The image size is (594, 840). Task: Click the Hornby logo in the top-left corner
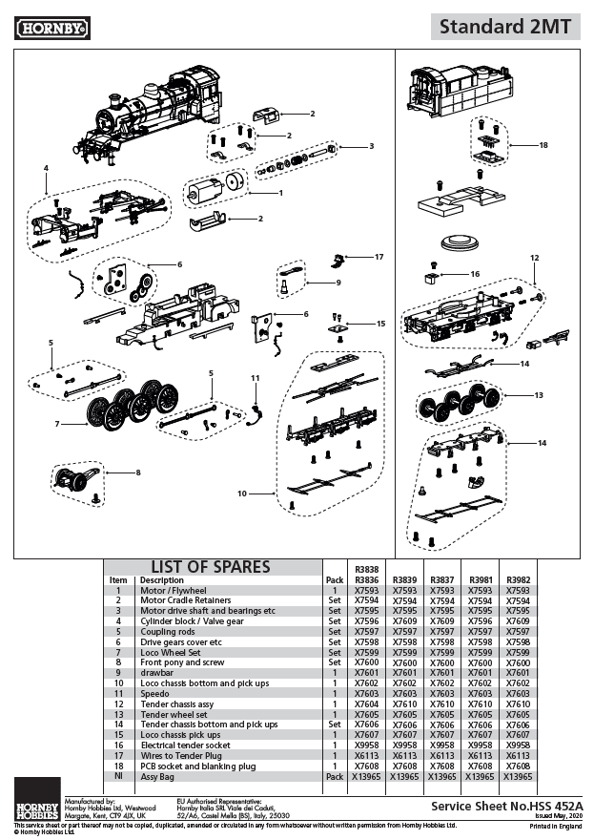click(52, 29)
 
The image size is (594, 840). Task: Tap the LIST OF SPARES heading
click(210, 567)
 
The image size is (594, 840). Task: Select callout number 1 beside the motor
click(280, 193)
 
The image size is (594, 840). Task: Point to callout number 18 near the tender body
click(543, 146)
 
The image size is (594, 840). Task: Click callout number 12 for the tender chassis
click(535, 258)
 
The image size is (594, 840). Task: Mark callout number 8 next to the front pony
click(137, 472)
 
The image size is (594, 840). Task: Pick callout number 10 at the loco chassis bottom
click(242, 493)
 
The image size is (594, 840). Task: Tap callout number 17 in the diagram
click(379, 257)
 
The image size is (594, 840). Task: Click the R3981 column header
click(480, 579)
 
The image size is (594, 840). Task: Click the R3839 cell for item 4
click(404, 620)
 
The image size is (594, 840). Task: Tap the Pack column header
click(334, 579)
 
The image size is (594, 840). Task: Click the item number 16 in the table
click(118, 745)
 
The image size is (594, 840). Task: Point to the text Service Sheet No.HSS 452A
click(521, 807)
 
